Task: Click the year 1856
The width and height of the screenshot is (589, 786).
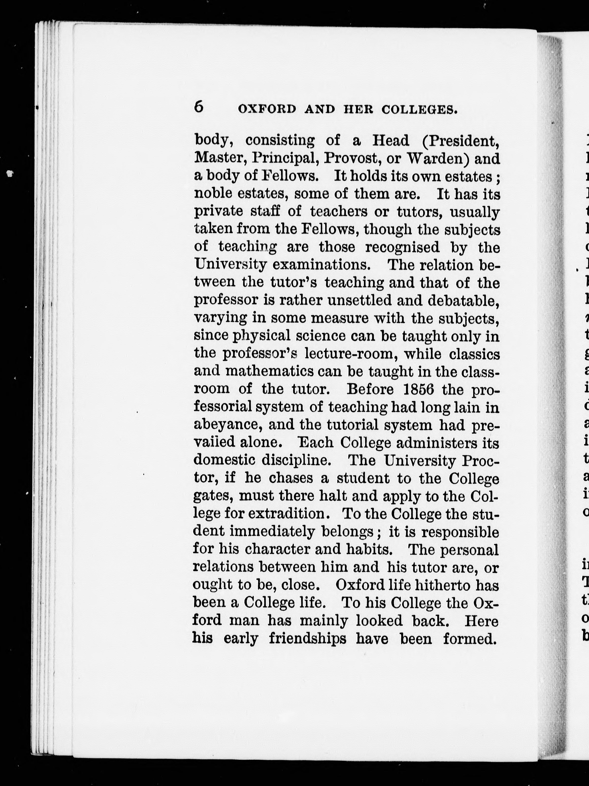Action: click(419, 390)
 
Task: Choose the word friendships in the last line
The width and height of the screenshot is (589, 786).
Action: click(307, 639)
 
